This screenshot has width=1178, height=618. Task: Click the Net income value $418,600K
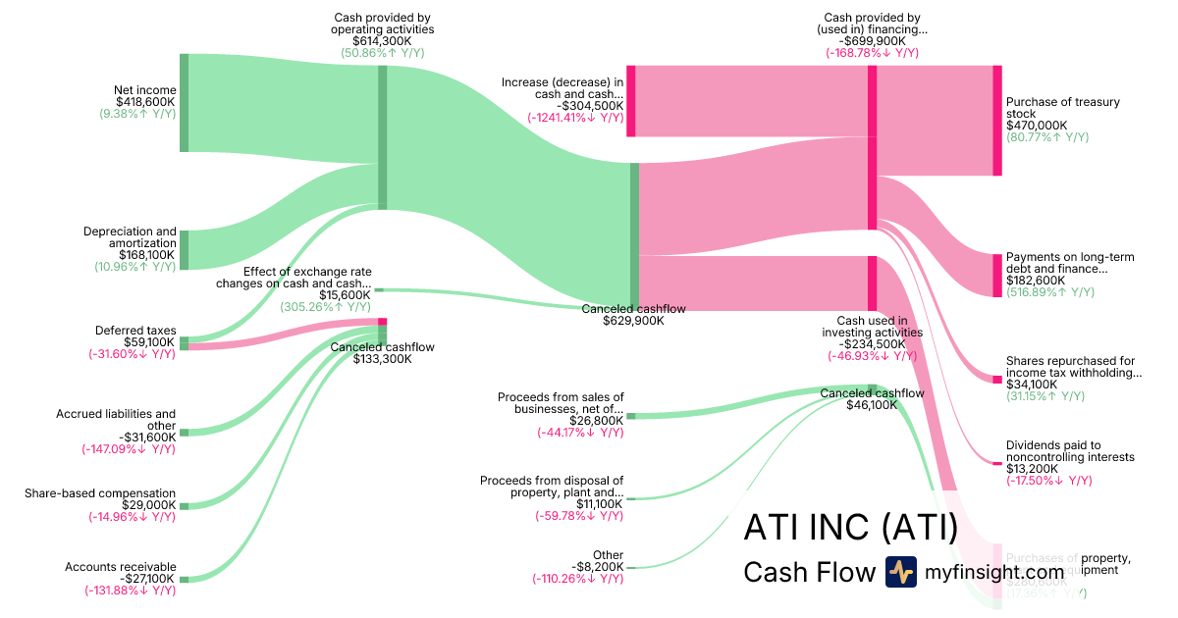(145, 102)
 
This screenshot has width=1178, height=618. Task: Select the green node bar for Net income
(184, 103)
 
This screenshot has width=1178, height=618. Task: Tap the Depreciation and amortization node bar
(184, 250)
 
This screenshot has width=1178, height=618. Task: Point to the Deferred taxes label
(134, 331)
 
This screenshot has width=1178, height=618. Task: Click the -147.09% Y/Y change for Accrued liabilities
(129, 449)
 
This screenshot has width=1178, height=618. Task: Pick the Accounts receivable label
(120, 567)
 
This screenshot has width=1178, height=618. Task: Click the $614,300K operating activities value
(382, 41)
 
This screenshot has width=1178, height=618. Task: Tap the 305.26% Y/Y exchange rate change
(325, 306)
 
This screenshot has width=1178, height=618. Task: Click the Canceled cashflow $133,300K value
(382, 359)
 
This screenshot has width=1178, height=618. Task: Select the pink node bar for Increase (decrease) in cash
(631, 101)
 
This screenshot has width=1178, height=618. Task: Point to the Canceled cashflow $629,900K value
(633, 321)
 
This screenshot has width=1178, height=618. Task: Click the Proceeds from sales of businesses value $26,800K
(594, 421)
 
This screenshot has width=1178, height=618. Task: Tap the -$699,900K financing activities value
(872, 41)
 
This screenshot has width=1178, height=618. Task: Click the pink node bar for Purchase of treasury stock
(997, 121)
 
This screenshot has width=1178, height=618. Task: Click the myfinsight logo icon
(900, 572)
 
